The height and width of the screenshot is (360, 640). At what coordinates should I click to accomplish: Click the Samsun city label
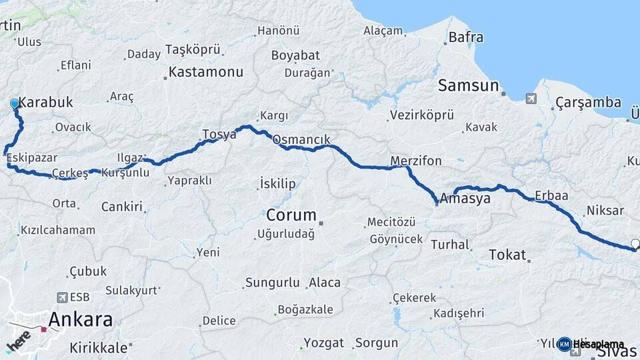click(469, 85)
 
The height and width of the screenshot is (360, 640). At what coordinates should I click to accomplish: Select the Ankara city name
click(81, 319)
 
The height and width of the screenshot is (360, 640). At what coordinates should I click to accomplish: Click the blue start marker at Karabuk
click(15, 104)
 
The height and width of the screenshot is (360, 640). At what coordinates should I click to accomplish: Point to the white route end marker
click(635, 244)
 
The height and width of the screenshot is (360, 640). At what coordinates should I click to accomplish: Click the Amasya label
click(465, 199)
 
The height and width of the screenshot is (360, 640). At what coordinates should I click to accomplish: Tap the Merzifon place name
click(416, 161)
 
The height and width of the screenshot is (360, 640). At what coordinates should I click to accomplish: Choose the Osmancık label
click(301, 140)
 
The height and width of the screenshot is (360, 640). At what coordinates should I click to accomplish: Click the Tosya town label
click(219, 135)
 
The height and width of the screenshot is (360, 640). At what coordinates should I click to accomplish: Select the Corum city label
click(291, 215)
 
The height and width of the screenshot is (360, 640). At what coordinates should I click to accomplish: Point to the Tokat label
click(507, 255)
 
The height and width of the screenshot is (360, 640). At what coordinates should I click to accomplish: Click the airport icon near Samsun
click(531, 99)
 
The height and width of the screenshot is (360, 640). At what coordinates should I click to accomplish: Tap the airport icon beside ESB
click(63, 297)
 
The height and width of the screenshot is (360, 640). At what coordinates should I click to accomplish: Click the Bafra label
click(466, 37)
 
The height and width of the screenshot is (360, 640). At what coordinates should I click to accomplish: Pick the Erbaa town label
click(551, 196)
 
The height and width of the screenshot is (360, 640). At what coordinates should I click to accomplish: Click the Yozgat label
click(324, 343)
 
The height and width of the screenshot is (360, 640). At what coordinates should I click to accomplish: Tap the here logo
click(19, 340)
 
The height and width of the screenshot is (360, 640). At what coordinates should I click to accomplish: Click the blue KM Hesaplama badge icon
click(564, 344)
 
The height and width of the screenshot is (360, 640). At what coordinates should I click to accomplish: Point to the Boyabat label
click(295, 55)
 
